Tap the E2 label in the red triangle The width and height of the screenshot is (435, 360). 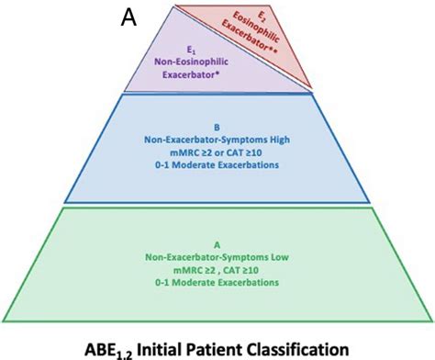pos(263,17)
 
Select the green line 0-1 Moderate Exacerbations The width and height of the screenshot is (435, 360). pos(217,287)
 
